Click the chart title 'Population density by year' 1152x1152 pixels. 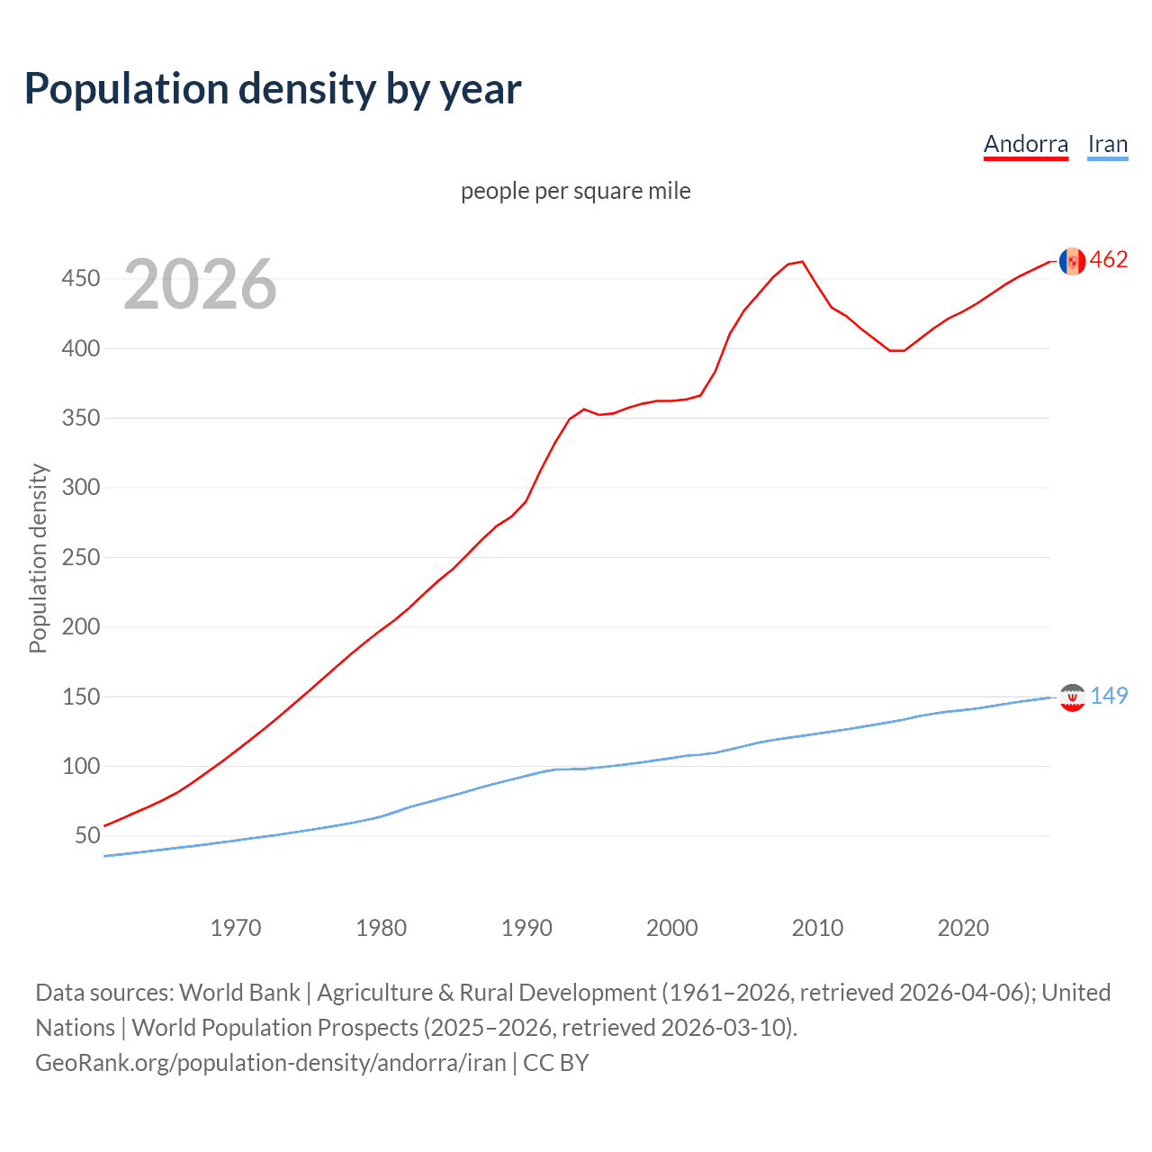[x=273, y=89]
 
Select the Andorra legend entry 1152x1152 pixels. [x=1025, y=144]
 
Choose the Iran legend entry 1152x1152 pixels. [x=1107, y=144]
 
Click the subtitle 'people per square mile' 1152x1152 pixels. [x=575, y=191]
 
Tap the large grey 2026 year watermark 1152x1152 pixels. [x=200, y=284]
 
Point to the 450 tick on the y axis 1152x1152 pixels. [x=80, y=279]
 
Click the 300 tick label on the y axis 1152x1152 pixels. [x=80, y=488]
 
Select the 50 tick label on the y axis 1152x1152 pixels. [x=87, y=836]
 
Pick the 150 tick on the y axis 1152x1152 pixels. [x=80, y=697]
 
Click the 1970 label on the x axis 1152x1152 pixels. [x=236, y=928]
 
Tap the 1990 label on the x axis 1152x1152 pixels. [x=526, y=928]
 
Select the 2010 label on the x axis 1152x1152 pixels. [x=817, y=928]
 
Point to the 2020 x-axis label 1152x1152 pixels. [x=963, y=928]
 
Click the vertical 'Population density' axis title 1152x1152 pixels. [x=38, y=558]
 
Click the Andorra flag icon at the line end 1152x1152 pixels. [x=1072, y=261]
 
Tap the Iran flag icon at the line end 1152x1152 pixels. [x=1072, y=697]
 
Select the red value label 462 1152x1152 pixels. [x=1109, y=260]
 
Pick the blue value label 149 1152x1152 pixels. [x=1109, y=696]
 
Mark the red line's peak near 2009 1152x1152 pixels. [x=802, y=262]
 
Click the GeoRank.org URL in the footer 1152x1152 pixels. [x=271, y=1063]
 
